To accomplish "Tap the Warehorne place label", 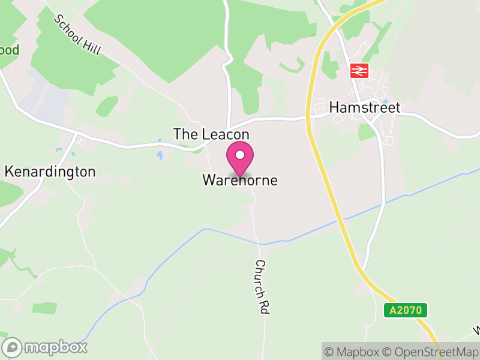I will point(240,180).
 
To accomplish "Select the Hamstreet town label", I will point(365,107).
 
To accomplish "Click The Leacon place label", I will point(211,134).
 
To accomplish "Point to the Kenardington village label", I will point(50,172).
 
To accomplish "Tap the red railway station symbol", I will point(359,71).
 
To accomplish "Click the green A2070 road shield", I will point(406,311).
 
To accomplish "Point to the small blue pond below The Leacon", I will point(160,155).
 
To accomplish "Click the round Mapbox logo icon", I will point(12,347).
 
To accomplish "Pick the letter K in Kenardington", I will point(9,172).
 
